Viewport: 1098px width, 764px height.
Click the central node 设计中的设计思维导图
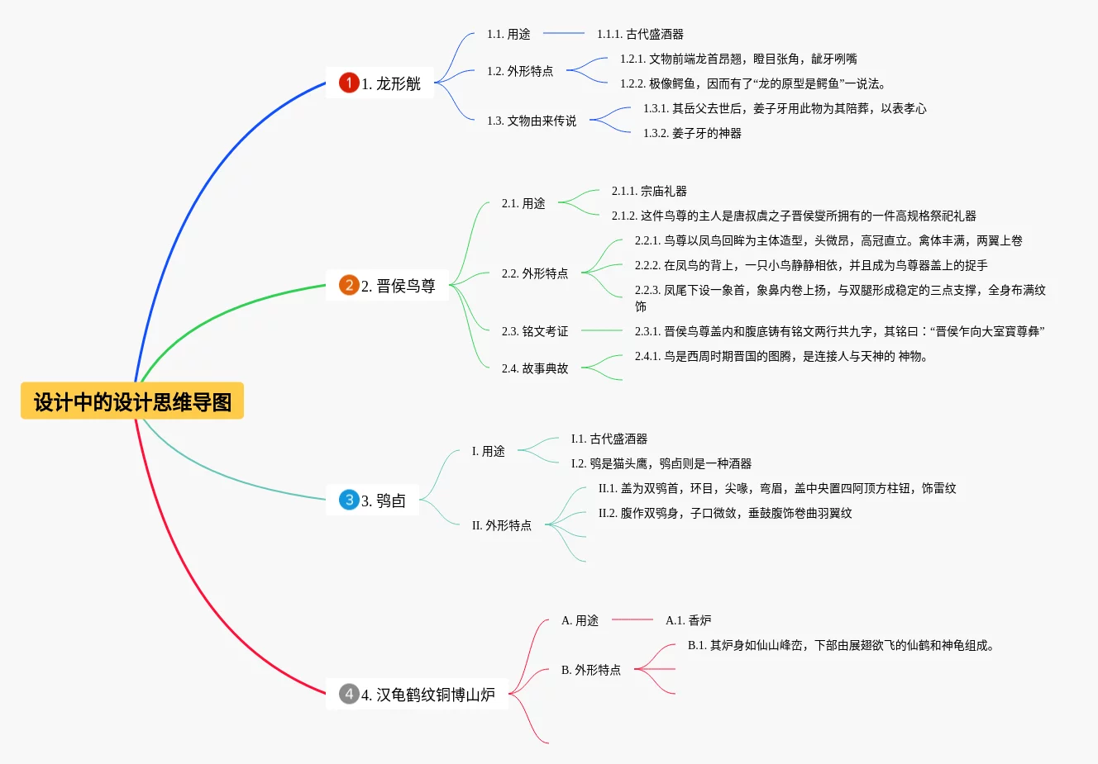coord(132,401)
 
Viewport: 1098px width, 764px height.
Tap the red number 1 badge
coord(349,83)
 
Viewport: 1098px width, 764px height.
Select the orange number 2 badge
coord(349,286)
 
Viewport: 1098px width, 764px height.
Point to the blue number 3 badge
coord(349,500)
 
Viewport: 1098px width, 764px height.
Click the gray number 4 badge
coord(349,694)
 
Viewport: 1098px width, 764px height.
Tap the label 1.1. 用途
coord(508,34)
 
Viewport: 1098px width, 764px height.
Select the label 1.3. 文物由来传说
coord(532,121)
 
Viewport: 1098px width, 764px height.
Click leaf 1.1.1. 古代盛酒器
coord(640,34)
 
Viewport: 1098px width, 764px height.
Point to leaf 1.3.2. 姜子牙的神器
coord(692,133)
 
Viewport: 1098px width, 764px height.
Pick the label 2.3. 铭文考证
coord(535,331)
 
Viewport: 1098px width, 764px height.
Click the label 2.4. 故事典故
coord(535,368)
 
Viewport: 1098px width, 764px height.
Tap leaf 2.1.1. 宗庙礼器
coord(649,191)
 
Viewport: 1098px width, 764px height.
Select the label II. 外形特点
coord(502,525)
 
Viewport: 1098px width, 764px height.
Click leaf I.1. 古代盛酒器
coord(609,439)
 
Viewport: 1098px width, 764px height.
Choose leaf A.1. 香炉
coord(688,620)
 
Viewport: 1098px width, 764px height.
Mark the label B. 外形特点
coord(591,670)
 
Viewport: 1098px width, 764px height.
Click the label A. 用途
coord(580,620)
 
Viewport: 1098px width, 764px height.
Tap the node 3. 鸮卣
coord(383,501)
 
